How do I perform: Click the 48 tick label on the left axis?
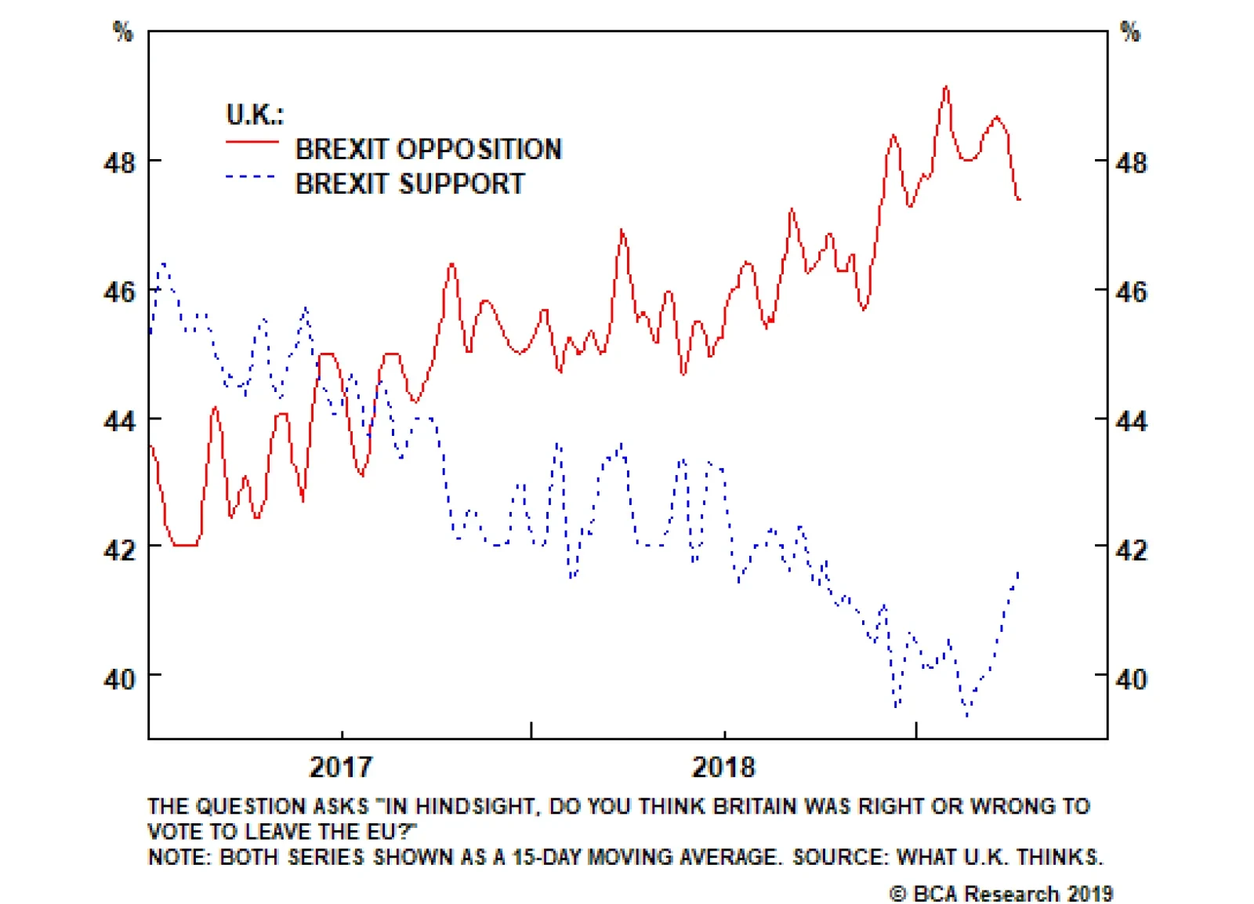(119, 163)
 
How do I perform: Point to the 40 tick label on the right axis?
(1131, 679)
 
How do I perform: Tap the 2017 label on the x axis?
(341, 767)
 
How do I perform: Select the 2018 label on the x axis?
(723, 767)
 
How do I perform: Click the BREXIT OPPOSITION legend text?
(428, 149)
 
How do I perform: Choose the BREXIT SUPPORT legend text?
(410, 183)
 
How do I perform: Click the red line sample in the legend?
(252, 142)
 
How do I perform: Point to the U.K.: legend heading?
(255, 114)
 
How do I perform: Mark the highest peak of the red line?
(946, 87)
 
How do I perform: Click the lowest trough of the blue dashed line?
(967, 715)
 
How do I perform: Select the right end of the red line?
(1019, 199)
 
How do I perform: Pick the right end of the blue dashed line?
(1018, 572)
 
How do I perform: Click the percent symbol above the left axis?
(123, 31)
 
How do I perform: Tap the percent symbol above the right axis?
(1130, 31)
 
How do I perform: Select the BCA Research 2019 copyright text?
(1001, 893)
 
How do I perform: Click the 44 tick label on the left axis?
(119, 421)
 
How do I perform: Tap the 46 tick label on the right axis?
(1131, 292)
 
